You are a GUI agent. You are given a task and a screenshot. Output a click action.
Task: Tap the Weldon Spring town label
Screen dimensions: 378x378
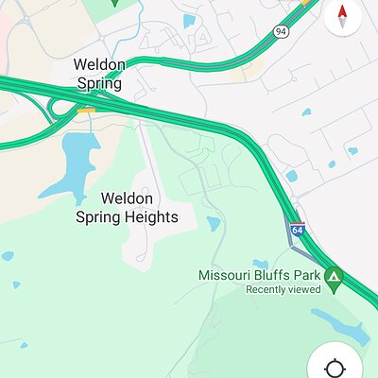pos(99,74)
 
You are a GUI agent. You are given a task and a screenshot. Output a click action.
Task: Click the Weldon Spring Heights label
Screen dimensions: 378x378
pos(127,208)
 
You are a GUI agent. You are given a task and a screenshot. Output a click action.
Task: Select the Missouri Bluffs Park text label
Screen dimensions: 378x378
pos(259,275)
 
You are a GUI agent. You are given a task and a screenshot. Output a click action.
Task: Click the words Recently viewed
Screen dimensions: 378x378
pos(283,290)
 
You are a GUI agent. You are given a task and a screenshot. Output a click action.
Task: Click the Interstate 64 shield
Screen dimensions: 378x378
pos(297,230)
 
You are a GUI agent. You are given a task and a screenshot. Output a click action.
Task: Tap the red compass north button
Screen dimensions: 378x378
pos(341,16)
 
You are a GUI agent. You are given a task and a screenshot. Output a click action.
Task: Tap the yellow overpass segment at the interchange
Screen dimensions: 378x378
pos(86,110)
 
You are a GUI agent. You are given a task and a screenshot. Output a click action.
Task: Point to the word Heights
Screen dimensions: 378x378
pos(151,217)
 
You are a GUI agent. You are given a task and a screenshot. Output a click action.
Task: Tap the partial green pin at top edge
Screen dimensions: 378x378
pos(113,2)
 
